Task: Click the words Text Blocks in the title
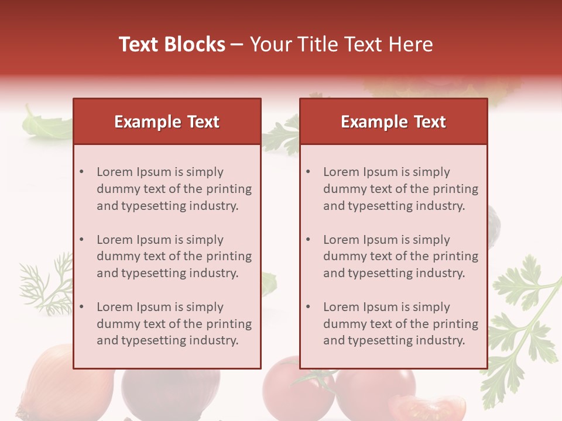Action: click(x=172, y=44)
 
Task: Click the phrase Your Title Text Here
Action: click(x=341, y=44)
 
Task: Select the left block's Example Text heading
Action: click(x=167, y=122)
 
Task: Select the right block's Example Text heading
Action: click(x=393, y=122)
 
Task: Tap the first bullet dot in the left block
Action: click(x=82, y=172)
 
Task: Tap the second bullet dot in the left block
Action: click(x=82, y=240)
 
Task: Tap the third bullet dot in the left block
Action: click(x=82, y=307)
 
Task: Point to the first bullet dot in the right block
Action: click(x=309, y=172)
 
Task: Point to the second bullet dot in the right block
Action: click(x=309, y=240)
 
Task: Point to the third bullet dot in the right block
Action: click(x=309, y=307)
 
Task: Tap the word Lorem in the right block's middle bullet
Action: click(x=341, y=240)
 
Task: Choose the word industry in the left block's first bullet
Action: click(x=214, y=206)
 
